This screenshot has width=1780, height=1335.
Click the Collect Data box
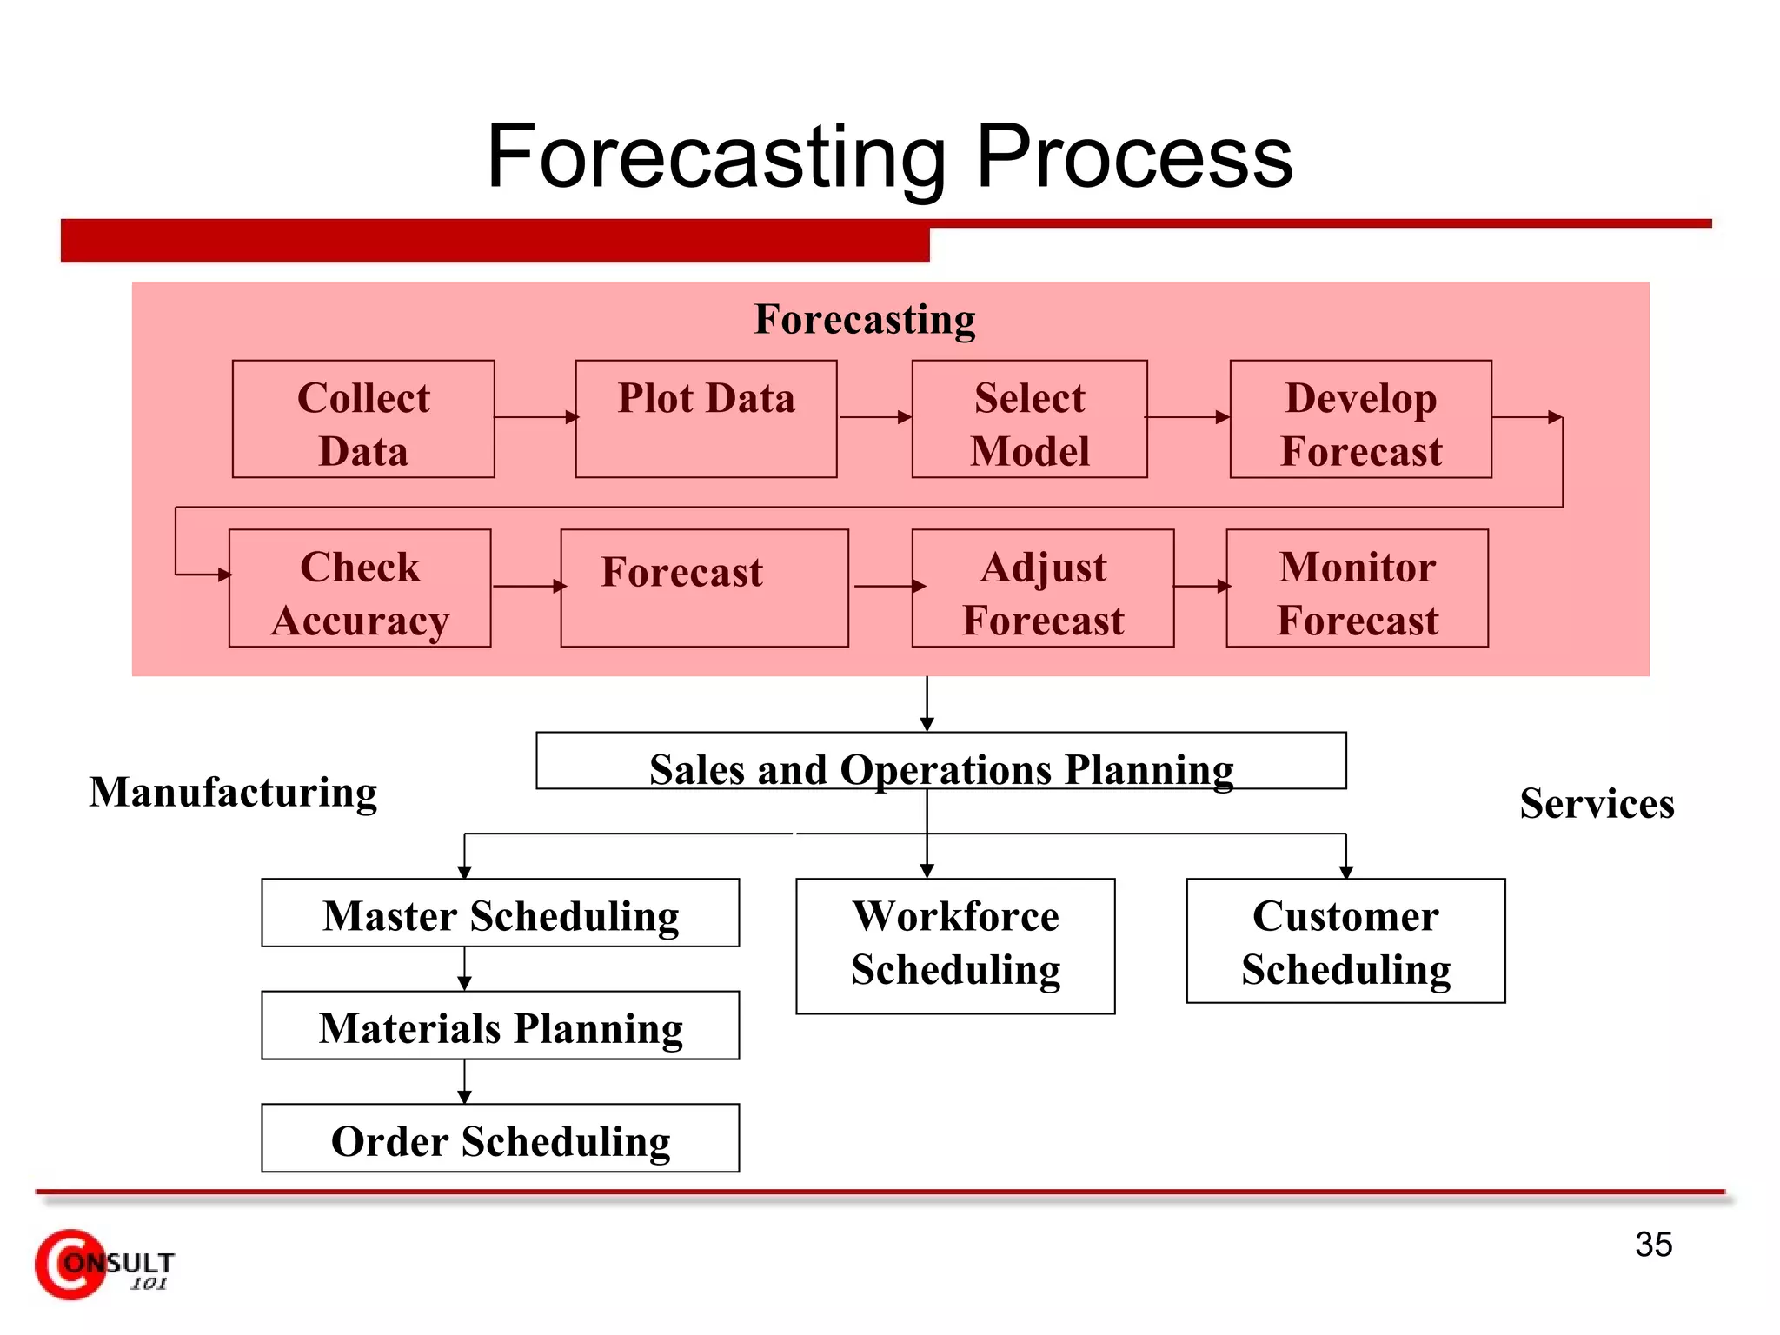[x=363, y=419]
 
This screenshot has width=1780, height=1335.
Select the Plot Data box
[x=706, y=419]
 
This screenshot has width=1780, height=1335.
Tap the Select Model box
[x=1029, y=419]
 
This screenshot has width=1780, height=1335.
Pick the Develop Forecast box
[x=1360, y=419]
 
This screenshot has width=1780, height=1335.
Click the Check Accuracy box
[x=360, y=588]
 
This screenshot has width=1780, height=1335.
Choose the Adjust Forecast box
[x=1042, y=588]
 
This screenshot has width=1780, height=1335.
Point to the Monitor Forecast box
[x=1357, y=588]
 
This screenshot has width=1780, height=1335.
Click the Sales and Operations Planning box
[x=940, y=761]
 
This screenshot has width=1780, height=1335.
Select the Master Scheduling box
[x=500, y=913]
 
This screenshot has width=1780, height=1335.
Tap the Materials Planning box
[x=500, y=1026]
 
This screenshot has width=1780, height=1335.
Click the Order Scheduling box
[x=500, y=1139]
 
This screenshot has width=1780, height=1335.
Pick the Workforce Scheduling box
[x=955, y=946]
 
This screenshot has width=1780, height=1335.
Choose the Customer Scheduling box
[x=1345, y=941]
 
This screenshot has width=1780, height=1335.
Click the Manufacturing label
[x=233, y=792]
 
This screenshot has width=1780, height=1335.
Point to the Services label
[x=1597, y=803]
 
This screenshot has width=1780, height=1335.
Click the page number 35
[x=1653, y=1245]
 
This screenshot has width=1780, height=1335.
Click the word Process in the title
[x=1134, y=156]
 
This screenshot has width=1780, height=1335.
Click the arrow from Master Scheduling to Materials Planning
[x=464, y=969]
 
